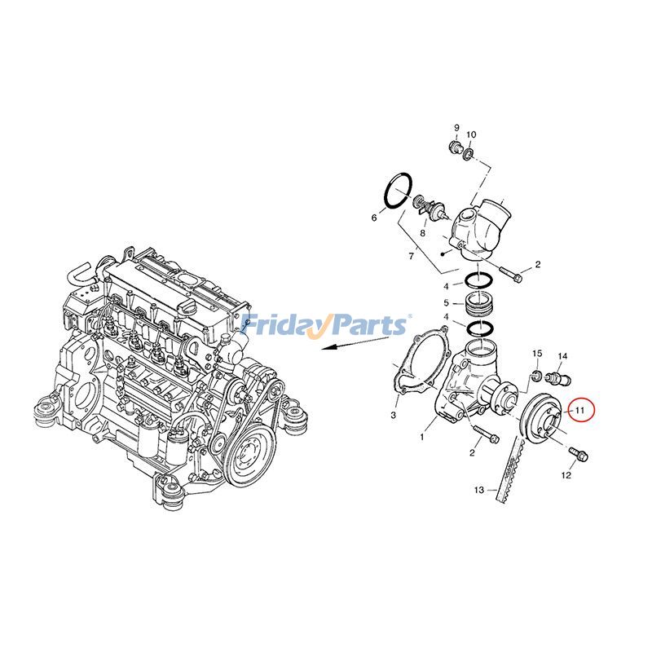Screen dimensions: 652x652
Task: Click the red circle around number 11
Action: click(579, 410)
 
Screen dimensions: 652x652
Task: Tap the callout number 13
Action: click(480, 490)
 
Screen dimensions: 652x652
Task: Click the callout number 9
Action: click(456, 128)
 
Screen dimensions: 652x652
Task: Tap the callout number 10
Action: click(471, 134)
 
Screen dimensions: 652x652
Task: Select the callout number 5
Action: click(446, 304)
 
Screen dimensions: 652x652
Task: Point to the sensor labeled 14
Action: click(560, 378)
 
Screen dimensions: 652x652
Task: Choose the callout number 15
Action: click(537, 353)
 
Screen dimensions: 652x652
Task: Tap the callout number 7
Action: click(412, 257)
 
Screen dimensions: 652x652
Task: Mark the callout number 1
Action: click(422, 437)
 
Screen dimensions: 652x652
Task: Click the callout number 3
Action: click(393, 415)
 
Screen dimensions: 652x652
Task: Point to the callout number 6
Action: click(374, 218)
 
